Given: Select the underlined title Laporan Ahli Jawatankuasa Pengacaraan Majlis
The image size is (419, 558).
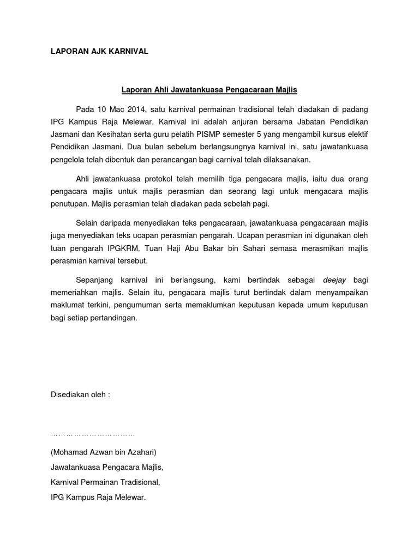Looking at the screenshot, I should [x=209, y=88].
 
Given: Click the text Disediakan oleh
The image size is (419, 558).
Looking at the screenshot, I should [x=80, y=395].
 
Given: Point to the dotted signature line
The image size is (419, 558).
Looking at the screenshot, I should [x=93, y=434].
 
